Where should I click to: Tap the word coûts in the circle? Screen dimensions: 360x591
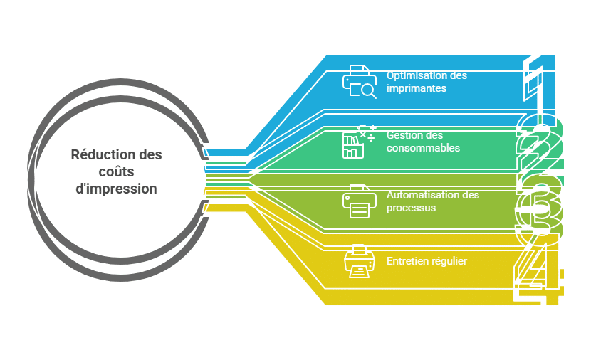click(117, 172)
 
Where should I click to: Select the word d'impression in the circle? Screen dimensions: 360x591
click(117, 189)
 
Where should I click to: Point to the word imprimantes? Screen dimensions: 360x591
click(417, 88)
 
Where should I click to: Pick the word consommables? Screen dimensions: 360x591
click(423, 148)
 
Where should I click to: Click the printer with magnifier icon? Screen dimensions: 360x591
click(360, 81)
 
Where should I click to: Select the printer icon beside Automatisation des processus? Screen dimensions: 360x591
click(359, 201)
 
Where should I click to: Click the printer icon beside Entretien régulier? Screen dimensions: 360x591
click(358, 261)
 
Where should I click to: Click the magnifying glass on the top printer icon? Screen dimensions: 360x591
click(367, 90)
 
